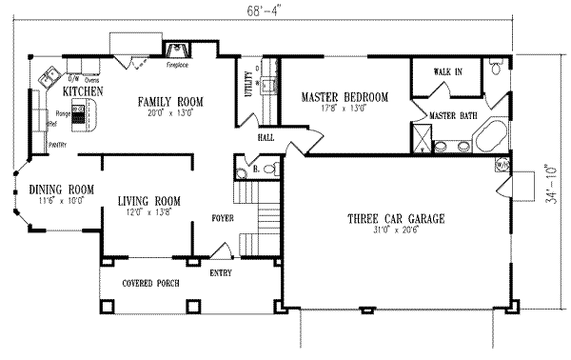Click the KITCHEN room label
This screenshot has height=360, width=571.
pyautogui.click(x=76, y=91)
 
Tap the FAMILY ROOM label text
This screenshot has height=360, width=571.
pyautogui.click(x=171, y=100)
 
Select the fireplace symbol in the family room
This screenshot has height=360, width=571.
pyautogui.click(x=176, y=51)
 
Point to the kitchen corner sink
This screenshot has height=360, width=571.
pyautogui.click(x=48, y=79)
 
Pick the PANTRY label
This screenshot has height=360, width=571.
pyautogui.click(x=59, y=147)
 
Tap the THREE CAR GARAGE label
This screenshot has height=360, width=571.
pyautogui.click(x=394, y=219)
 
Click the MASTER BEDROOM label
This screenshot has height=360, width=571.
pyautogui.click(x=345, y=97)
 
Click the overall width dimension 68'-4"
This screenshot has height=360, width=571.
pyautogui.click(x=256, y=10)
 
